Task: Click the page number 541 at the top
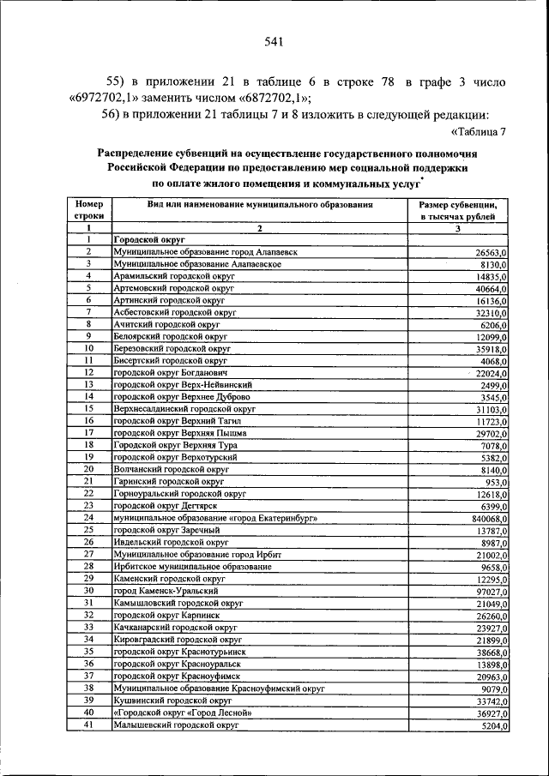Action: coord(274,41)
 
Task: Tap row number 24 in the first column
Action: coord(88,518)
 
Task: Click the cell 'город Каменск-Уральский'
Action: coord(165,591)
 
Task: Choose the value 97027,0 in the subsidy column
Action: coord(488,592)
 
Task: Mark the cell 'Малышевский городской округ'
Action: coord(175,725)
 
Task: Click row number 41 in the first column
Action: coord(88,725)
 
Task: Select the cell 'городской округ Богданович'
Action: coord(169,373)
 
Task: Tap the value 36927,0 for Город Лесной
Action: coord(488,713)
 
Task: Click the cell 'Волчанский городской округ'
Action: coord(170,470)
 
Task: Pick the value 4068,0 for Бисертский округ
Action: coord(491,361)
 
